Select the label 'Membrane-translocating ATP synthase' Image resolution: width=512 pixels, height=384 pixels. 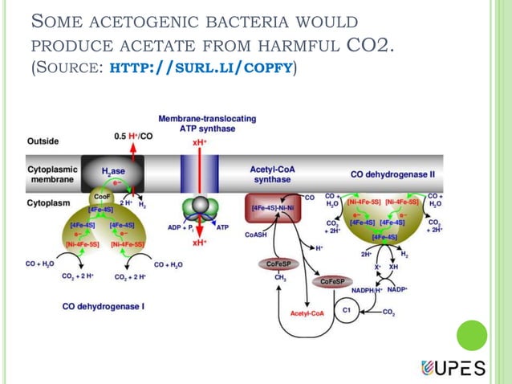[207, 123]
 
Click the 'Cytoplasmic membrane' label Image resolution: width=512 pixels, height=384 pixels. [52, 174]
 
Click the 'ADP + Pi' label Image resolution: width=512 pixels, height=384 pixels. [182, 227]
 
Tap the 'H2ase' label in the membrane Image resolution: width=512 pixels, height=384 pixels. [112, 171]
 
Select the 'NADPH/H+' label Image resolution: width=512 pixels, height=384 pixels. [367, 289]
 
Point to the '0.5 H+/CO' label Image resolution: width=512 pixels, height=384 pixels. [134, 135]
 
